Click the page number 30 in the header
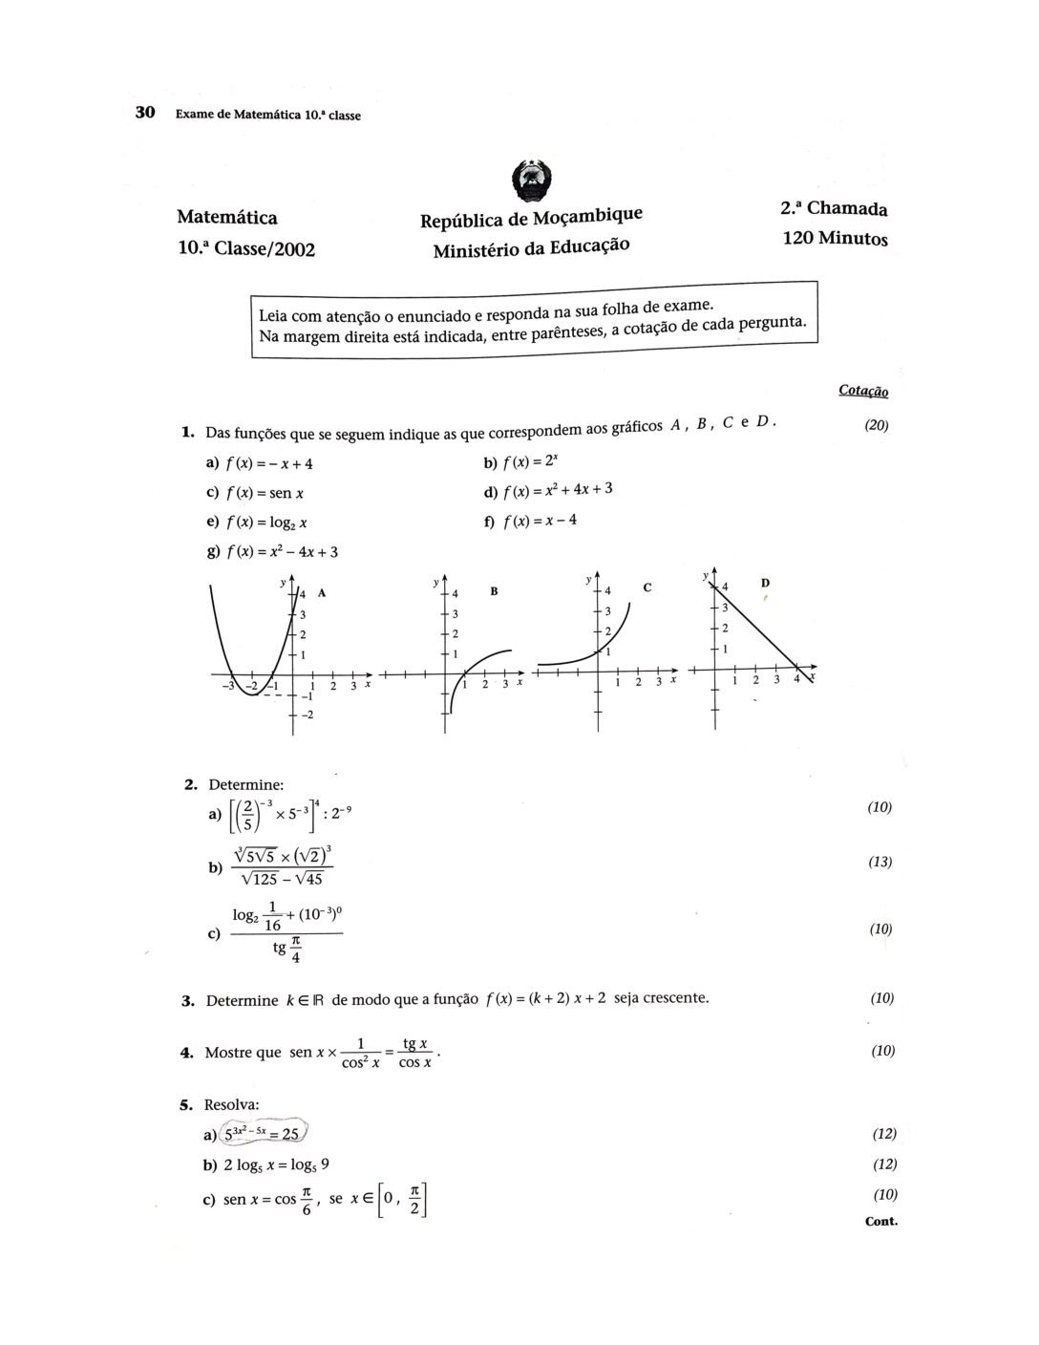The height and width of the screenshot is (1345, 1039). pos(145,113)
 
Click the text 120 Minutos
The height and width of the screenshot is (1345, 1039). pos(835,238)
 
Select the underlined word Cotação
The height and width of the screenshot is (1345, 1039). pos(863,391)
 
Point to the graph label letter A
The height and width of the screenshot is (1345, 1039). pos(322,592)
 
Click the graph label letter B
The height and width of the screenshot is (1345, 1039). pos(494,591)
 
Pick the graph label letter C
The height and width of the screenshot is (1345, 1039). pos(647,587)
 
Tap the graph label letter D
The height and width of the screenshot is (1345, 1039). pos(765,582)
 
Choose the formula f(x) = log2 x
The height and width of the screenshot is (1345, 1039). pos(266,523)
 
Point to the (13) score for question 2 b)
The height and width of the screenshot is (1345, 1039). pos(880,862)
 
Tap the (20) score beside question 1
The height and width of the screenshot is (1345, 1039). pos(876,426)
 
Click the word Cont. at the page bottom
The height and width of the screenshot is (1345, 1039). pos(880,1221)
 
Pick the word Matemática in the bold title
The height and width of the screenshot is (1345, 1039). pos(227,218)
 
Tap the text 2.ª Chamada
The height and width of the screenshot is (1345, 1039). pos(834,208)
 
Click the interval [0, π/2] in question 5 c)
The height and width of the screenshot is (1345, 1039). pos(402,1200)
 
